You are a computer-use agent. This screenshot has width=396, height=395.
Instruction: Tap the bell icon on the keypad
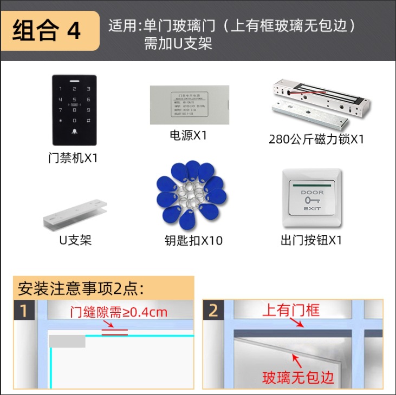click(x=74, y=132)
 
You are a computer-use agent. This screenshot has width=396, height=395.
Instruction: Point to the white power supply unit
click(x=189, y=104)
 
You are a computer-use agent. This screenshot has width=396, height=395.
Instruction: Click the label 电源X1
click(x=189, y=135)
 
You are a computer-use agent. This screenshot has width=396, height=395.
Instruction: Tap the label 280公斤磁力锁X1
click(x=316, y=139)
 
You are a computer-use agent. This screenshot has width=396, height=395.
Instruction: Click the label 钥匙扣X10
click(x=193, y=240)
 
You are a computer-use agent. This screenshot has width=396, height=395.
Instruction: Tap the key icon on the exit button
click(x=311, y=200)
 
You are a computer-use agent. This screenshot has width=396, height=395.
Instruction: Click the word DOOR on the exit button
click(x=312, y=192)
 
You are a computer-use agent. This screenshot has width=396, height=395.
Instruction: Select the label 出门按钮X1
click(x=311, y=240)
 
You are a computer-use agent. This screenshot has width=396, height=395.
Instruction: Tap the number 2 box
click(x=213, y=311)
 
